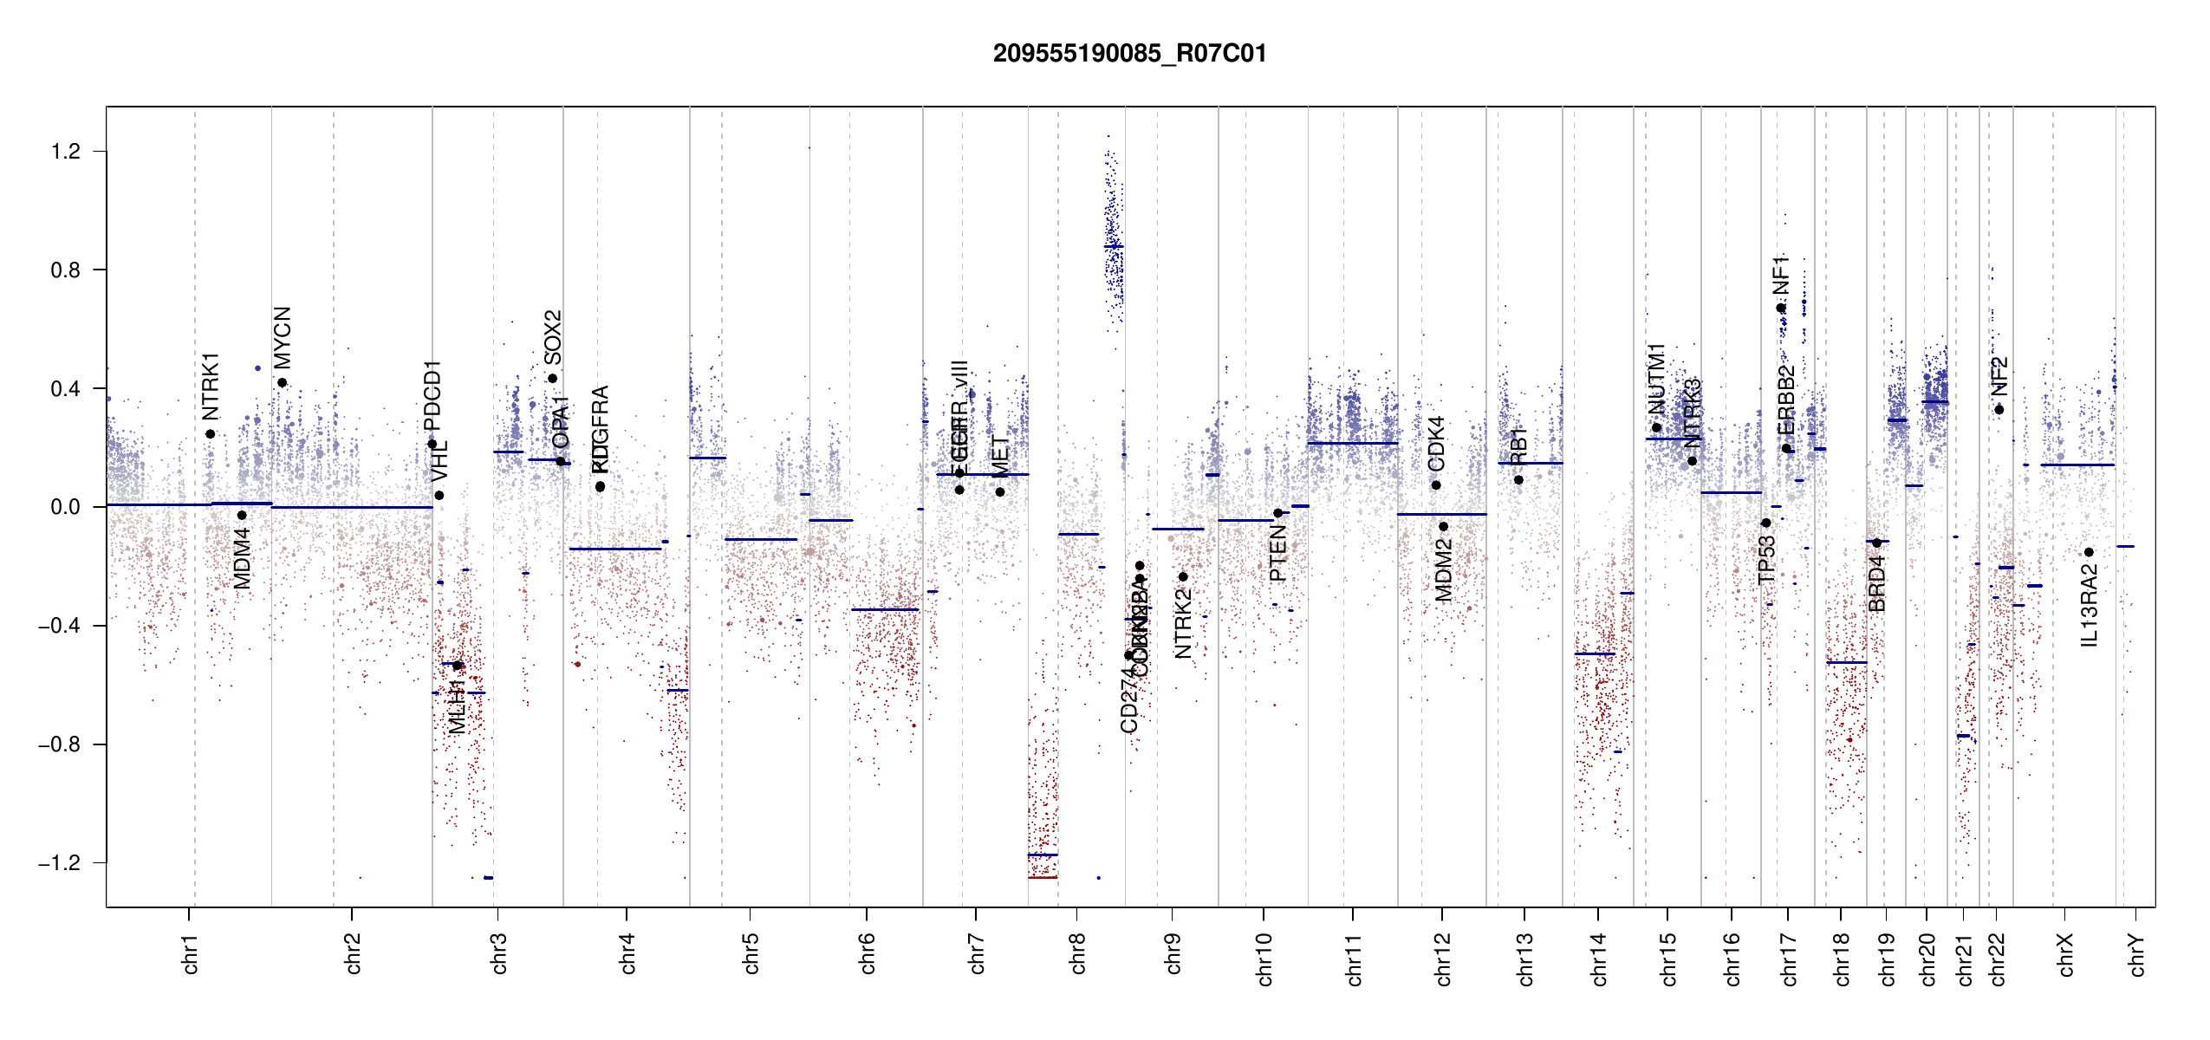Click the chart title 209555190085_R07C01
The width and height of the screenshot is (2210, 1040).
(x=1129, y=54)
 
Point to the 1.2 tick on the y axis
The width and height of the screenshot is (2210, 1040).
(x=66, y=152)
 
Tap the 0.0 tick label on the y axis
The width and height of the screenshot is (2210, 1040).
(x=66, y=507)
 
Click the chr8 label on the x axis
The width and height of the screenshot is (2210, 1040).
(x=1077, y=953)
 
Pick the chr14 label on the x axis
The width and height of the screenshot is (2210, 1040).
(x=1599, y=959)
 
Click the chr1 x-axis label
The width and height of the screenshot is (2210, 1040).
(x=190, y=953)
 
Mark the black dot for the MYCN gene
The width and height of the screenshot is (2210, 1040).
(x=282, y=382)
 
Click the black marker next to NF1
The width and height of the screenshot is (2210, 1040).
(x=1780, y=308)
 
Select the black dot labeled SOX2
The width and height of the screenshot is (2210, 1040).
(x=552, y=378)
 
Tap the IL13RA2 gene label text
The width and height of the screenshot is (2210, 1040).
(x=2089, y=605)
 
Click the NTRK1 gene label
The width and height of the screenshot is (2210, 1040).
(x=211, y=387)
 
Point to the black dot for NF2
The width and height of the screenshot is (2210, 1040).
(x=1999, y=410)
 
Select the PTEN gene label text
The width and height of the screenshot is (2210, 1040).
(x=1277, y=555)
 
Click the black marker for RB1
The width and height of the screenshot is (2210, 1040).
(x=1518, y=480)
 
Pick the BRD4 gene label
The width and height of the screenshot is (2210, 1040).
(x=1876, y=583)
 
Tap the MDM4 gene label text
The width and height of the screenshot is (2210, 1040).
(x=242, y=559)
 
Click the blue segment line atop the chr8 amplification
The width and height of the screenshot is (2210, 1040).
(x=1114, y=247)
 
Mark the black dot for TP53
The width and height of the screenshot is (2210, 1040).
(x=1765, y=523)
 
